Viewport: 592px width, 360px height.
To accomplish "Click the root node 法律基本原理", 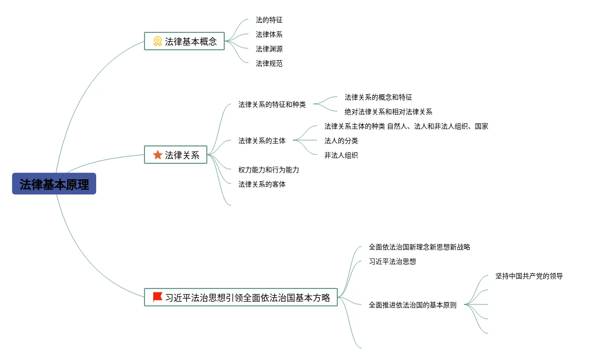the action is click(x=54, y=184).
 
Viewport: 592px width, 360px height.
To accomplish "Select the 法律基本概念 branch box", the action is click(x=184, y=41).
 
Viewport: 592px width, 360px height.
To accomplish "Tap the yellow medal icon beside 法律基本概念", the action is click(x=158, y=41).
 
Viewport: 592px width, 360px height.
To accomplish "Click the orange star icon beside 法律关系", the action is click(x=158, y=155).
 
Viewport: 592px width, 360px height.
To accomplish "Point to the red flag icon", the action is click(x=158, y=297).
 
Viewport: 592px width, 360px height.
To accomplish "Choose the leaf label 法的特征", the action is click(x=269, y=20).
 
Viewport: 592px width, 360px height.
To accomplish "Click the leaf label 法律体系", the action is click(x=269, y=35).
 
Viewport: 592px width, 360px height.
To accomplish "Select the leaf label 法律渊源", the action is click(x=269, y=49).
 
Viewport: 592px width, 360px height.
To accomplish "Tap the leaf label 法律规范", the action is click(x=269, y=63).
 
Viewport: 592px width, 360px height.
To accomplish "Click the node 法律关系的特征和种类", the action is click(x=272, y=104).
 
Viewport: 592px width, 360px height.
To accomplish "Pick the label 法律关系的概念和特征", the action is click(x=378, y=98).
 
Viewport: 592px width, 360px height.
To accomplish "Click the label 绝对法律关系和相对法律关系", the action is click(x=389, y=112).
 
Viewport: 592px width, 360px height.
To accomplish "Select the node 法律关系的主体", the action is click(x=262, y=141).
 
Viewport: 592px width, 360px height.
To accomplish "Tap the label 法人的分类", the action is click(x=341, y=141).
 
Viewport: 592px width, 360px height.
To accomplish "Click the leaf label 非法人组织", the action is click(x=341, y=156).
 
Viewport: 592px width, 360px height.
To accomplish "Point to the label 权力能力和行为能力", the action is click(x=269, y=170).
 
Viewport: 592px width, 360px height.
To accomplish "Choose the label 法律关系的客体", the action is click(x=262, y=184).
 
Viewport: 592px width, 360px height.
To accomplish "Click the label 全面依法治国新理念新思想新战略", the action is click(x=419, y=247).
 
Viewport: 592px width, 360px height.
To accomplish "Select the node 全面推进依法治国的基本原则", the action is click(x=412, y=305).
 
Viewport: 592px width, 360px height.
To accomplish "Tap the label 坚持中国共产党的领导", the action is click(x=529, y=276).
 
